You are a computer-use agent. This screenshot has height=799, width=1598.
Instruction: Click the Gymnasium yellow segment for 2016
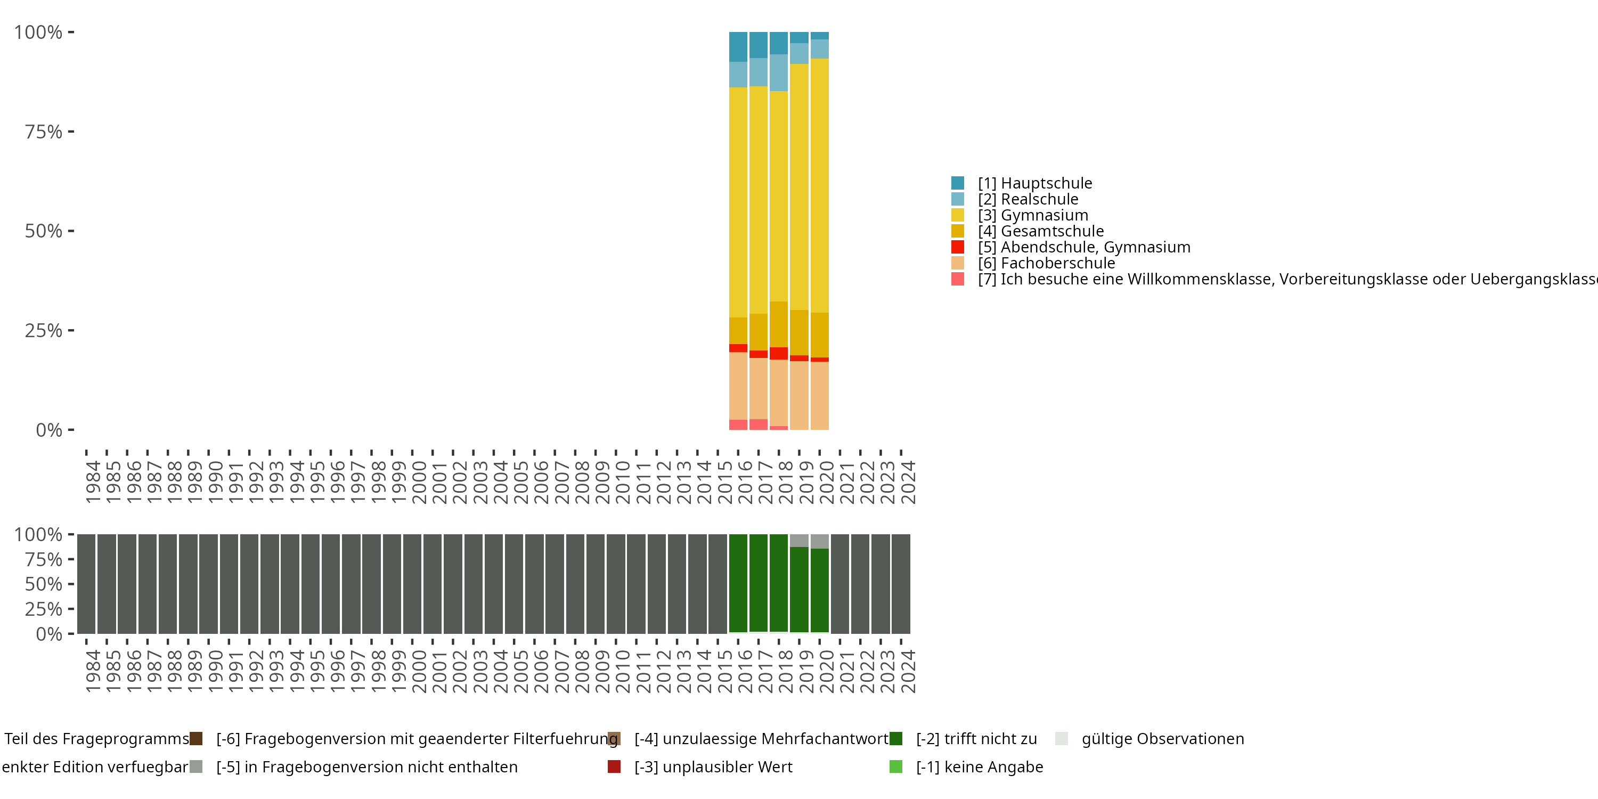[738, 202]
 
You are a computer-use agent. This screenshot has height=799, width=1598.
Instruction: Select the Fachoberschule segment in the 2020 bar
[819, 395]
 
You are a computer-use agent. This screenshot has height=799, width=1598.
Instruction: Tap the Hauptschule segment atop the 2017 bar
[758, 45]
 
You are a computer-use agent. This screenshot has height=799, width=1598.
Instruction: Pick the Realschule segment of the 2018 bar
[779, 72]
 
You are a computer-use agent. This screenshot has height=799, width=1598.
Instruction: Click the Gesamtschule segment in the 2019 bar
[799, 332]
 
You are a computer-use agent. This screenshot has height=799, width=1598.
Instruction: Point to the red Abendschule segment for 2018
[779, 353]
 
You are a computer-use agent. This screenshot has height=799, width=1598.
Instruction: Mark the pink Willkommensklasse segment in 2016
[738, 425]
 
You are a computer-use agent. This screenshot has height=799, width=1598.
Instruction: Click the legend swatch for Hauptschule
[957, 183]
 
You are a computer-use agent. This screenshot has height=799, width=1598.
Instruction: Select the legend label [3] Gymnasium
[1033, 215]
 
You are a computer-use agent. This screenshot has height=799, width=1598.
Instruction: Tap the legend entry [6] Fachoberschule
[1047, 263]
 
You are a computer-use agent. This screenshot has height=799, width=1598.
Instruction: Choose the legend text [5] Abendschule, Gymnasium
[1084, 247]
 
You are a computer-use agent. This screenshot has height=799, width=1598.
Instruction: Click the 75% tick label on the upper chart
[44, 132]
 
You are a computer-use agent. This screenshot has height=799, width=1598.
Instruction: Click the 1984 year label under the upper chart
[93, 482]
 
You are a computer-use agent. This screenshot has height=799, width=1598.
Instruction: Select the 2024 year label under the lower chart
[908, 672]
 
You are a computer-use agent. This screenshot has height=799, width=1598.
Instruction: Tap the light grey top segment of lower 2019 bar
[799, 540]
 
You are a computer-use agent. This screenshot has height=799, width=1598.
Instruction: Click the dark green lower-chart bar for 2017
[758, 583]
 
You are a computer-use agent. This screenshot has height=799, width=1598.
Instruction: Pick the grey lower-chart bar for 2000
[412, 583]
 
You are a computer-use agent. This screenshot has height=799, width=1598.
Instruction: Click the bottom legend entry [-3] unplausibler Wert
[713, 767]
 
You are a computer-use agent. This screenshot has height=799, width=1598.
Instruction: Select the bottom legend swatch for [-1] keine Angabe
[895, 767]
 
